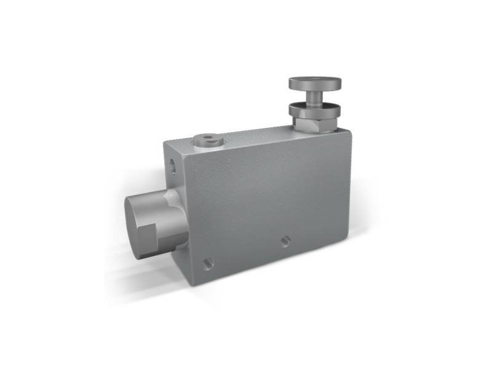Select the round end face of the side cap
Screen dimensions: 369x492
141,224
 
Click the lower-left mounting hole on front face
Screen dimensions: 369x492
208,263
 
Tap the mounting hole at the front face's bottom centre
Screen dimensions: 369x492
285,240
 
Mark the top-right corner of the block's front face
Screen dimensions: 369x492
351,131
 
